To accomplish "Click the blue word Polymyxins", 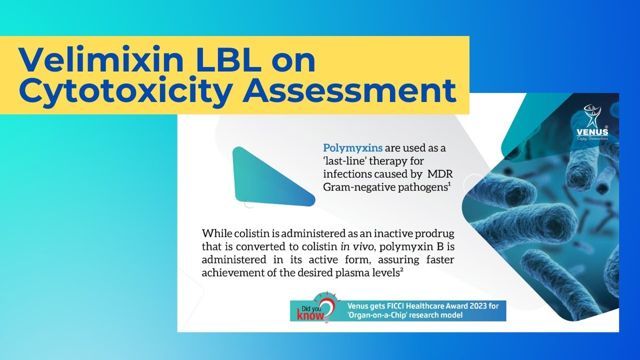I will point(353,148).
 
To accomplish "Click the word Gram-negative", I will point(355,187).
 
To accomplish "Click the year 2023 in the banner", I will point(469,305).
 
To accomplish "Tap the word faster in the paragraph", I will point(439,259).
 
